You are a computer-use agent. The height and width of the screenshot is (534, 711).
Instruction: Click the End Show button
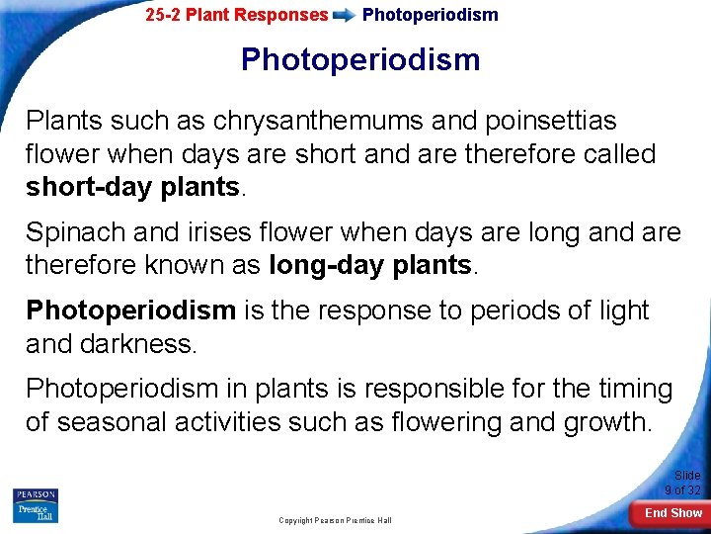pyautogui.click(x=672, y=512)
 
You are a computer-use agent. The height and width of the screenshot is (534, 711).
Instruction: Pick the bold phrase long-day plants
pyautogui.click(x=371, y=265)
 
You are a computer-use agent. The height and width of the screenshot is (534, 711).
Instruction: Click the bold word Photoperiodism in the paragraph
pyautogui.click(x=130, y=310)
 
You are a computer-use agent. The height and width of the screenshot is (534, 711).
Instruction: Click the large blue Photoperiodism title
pyautogui.click(x=360, y=59)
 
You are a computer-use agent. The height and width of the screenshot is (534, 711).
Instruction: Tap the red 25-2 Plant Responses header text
pyautogui.click(x=236, y=15)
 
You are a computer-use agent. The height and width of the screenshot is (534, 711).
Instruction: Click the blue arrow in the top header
pyautogui.click(x=345, y=15)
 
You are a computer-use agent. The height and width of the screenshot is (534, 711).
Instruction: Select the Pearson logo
pyautogui.click(x=36, y=494)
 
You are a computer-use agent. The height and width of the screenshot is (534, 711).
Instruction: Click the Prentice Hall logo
pyautogui.click(x=36, y=512)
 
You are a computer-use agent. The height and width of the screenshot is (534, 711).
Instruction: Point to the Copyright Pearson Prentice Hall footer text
pyautogui.click(x=337, y=520)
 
